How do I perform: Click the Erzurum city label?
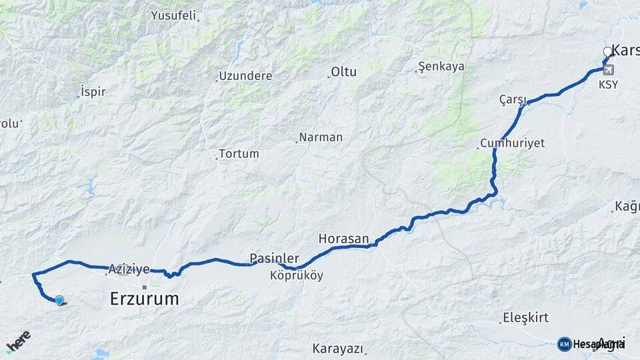[x=144, y=299]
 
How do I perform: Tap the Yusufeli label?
[x=173, y=15]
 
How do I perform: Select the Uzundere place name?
[x=245, y=76]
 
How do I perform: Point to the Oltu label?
[x=344, y=72]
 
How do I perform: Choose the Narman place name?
[x=321, y=137]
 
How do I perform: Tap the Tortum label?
[x=239, y=154]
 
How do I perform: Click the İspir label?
[x=93, y=91]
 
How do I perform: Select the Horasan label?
[x=343, y=238]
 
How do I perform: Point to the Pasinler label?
[x=274, y=257]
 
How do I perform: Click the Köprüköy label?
[x=297, y=275]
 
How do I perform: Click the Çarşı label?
[x=513, y=99]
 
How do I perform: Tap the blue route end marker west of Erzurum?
[x=59, y=301]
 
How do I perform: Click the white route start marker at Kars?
[x=607, y=51]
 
